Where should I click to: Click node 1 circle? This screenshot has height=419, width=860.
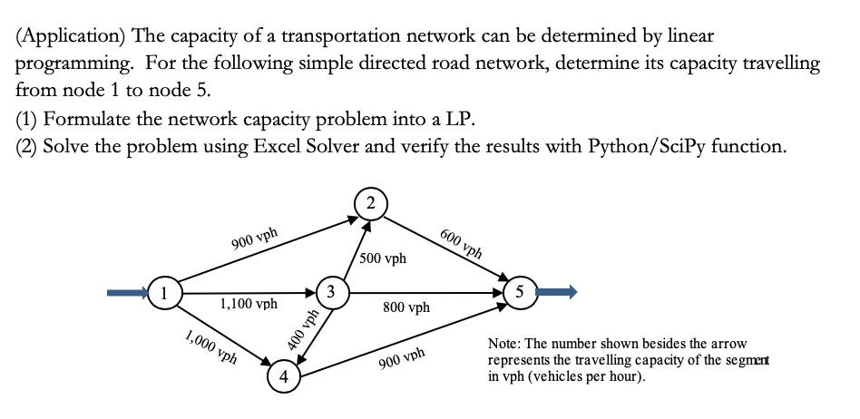(164, 293)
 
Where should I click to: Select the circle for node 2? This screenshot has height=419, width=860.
(372, 202)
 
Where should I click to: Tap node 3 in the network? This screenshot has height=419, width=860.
(333, 292)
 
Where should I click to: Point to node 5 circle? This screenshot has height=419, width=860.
(520, 293)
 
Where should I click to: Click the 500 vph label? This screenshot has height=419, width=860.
(384, 258)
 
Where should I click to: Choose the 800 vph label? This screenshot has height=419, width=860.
(406, 308)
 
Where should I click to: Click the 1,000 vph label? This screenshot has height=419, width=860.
(210, 347)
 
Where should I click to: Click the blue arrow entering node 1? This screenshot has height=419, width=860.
(126, 293)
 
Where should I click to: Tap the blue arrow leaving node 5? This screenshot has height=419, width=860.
(557, 292)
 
